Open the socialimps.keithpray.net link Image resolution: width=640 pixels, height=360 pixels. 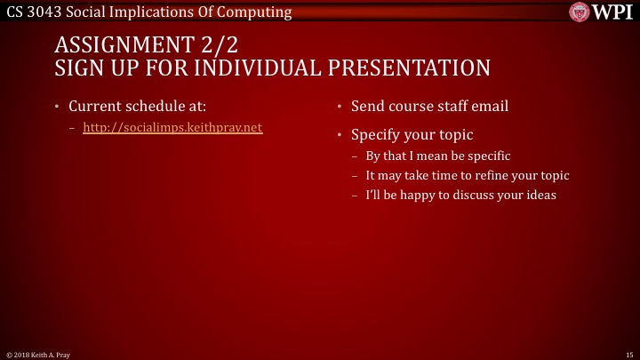pyautogui.click(x=172, y=127)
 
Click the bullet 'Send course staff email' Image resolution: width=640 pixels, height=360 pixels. pyautogui.click(x=429, y=107)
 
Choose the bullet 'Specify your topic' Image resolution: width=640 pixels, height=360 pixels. pyautogui.click(x=412, y=135)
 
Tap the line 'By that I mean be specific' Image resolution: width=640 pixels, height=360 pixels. pyautogui.click(x=438, y=156)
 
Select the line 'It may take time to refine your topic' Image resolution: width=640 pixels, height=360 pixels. pyautogui.click(x=467, y=175)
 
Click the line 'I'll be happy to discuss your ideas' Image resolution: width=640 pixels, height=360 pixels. pyautogui.click(x=460, y=195)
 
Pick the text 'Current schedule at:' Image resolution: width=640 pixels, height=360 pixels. pyautogui.click(x=137, y=107)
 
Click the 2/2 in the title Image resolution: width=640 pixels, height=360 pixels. pyautogui.click(x=221, y=46)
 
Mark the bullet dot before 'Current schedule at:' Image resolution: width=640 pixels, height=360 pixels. pyautogui.click(x=56, y=107)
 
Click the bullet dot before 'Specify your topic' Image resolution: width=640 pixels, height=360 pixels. pyautogui.click(x=339, y=135)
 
